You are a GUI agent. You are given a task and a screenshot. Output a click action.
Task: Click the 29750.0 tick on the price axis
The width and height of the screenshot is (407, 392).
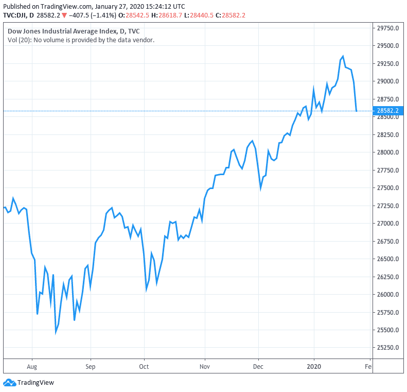pos(388,28)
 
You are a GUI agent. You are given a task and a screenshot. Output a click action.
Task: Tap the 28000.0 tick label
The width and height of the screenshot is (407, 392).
pos(388,152)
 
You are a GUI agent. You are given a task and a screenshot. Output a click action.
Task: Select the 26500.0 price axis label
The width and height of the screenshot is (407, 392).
pos(388,259)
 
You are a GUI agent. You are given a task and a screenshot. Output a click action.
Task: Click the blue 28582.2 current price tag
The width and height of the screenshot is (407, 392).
pos(387,111)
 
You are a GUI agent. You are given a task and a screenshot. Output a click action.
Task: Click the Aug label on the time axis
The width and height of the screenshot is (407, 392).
pos(32,367)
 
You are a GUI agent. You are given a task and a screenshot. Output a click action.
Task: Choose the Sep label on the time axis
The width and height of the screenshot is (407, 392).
pos(91,367)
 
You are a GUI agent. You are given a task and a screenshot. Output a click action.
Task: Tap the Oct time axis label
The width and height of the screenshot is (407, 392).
pos(144,367)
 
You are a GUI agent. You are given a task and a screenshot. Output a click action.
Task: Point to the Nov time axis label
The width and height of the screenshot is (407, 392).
pos(205,367)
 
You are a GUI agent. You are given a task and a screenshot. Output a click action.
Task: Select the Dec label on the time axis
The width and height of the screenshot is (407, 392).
pos(258,367)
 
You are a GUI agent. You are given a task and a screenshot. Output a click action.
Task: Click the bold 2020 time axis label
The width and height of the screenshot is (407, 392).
pos(314,367)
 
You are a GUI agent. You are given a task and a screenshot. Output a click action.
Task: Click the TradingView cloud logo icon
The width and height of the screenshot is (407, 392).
pos(9,383)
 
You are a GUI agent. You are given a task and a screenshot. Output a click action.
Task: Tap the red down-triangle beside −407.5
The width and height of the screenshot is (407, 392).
pos(64,15)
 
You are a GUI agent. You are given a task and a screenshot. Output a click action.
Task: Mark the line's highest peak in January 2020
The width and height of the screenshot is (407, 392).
pos(343,56)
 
